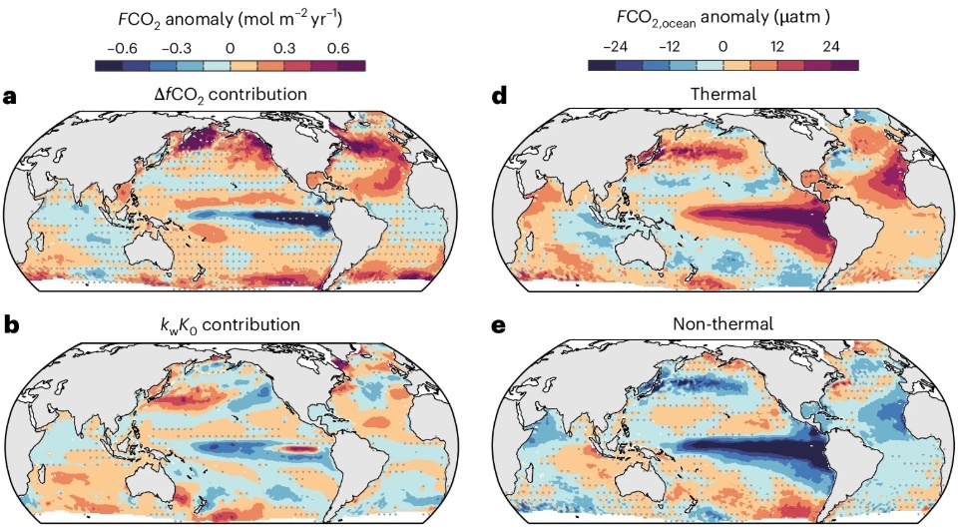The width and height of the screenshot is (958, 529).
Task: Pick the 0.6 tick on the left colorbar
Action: (338, 47)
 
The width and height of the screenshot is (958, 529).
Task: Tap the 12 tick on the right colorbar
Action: (777, 47)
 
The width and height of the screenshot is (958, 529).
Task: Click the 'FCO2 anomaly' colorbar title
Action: (231, 20)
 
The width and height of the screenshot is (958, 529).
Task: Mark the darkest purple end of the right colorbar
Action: (847, 66)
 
